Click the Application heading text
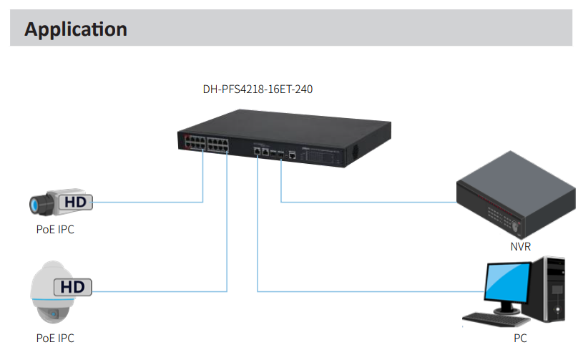coord(75,29)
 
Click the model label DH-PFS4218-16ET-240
coord(258,89)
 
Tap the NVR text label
coord(520,245)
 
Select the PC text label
coord(520,337)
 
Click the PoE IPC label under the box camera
coord(55,230)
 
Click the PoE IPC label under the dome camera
coord(55,338)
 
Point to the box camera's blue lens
coord(34,206)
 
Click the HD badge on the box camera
coord(75,203)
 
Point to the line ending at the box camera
coord(150,202)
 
